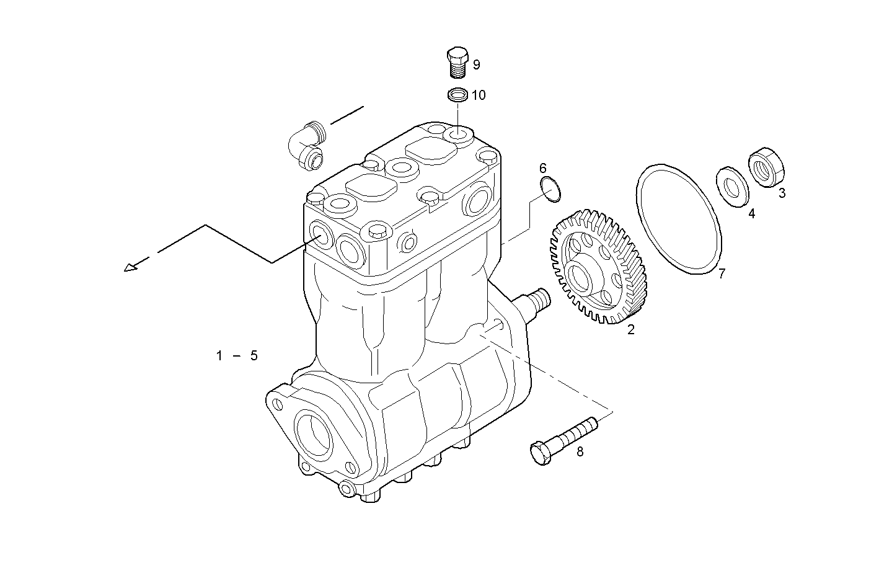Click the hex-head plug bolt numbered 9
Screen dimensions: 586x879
pos(457,62)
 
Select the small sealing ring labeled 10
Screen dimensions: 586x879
pos(457,95)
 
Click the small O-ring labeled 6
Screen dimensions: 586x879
pos(551,189)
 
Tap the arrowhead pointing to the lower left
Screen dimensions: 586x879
pos(130,267)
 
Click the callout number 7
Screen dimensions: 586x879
pos(722,273)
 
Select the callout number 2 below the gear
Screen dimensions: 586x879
pos(631,330)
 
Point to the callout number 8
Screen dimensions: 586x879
pos(580,451)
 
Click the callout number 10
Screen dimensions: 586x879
pos(479,95)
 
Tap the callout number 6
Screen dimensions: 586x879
pos(543,168)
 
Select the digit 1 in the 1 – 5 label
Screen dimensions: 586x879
pos(219,356)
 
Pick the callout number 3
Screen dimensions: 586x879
pos(782,193)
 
